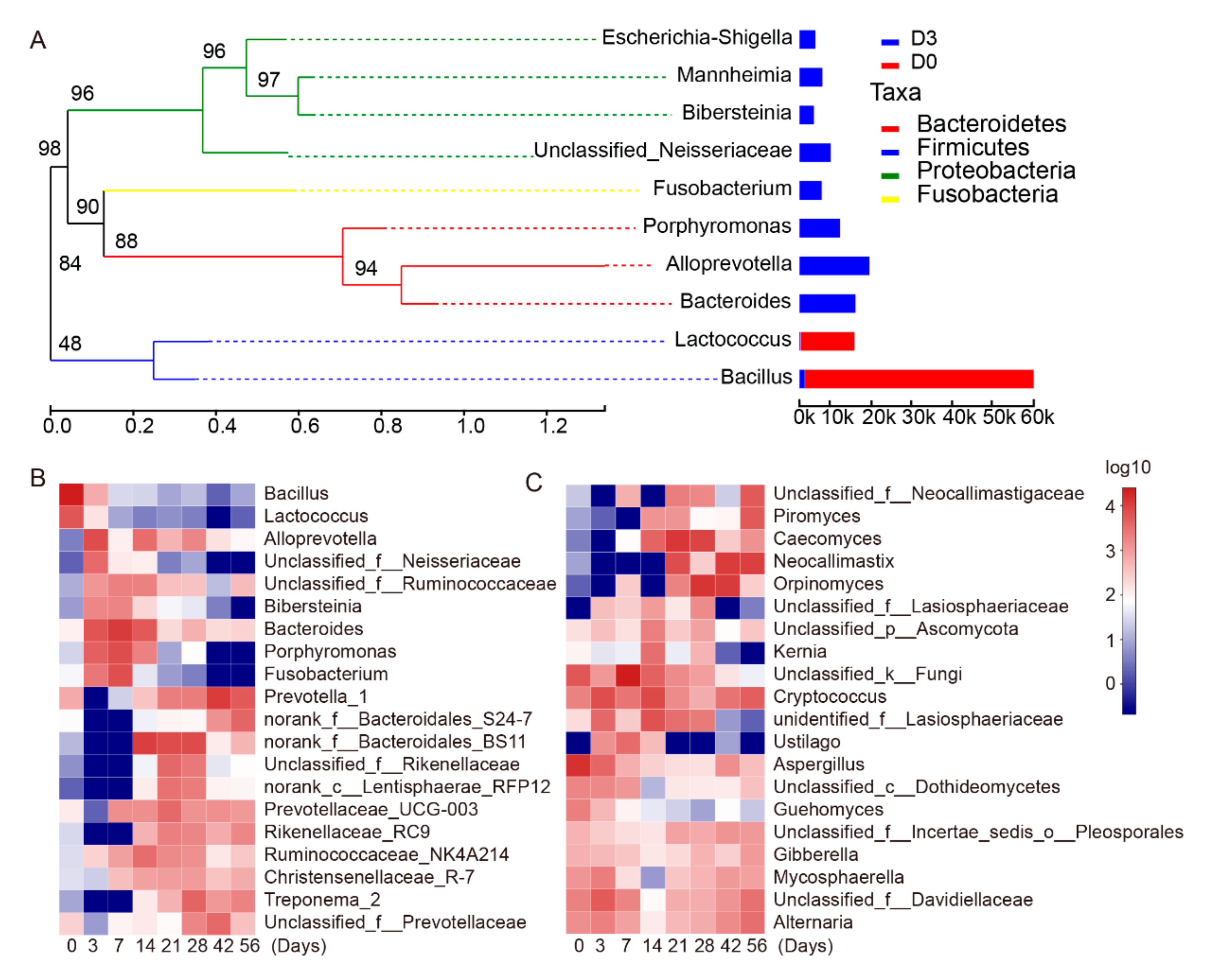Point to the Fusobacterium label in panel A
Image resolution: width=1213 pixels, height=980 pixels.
pos(722,188)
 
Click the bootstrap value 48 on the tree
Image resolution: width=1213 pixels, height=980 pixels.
pos(70,343)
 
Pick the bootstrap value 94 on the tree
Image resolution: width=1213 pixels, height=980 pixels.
pos(366,268)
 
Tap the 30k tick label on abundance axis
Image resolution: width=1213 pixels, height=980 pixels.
pos(918,417)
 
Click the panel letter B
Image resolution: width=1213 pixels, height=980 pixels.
pos(38,478)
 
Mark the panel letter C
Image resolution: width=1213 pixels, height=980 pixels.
pos(533,483)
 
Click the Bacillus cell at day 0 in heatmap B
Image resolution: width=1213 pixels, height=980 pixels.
pos(71,495)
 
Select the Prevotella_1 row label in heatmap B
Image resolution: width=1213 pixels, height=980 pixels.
pos(316,697)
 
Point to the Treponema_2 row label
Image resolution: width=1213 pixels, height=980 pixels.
pos(322,900)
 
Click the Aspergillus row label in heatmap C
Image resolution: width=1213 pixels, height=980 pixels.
pos(818,764)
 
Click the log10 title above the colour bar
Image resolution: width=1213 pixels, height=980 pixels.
pos(1127,467)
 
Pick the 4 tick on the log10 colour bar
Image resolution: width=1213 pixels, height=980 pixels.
pos(1110,507)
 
